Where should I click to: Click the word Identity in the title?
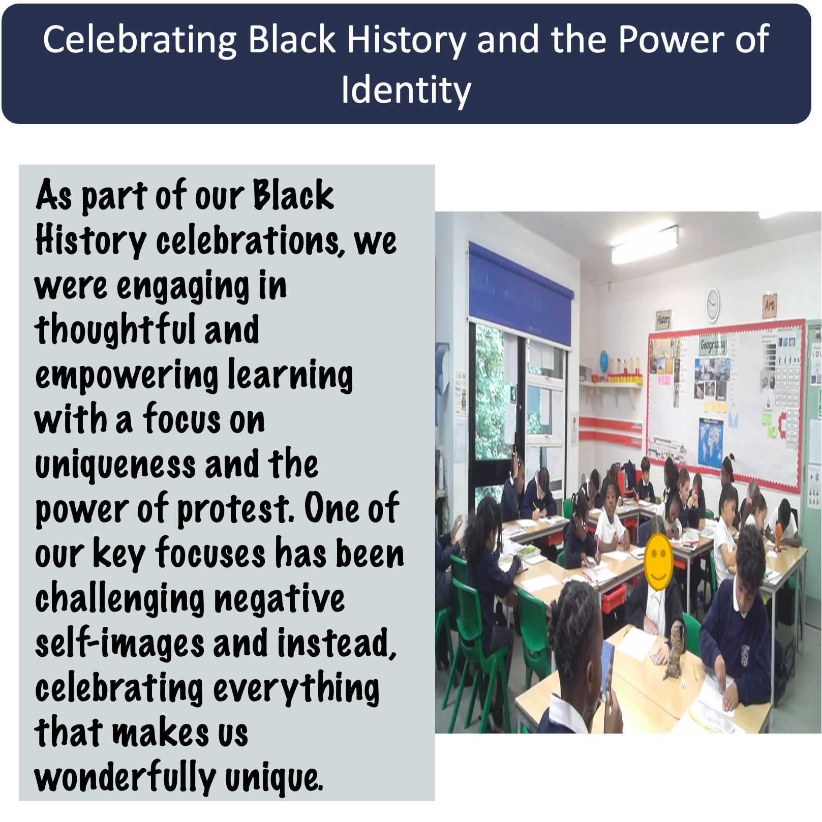tap(406, 90)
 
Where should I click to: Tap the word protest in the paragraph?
tap(235, 509)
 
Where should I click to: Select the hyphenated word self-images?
tap(119, 643)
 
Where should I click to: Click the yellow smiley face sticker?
tap(658, 562)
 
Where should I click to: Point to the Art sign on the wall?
tap(770, 306)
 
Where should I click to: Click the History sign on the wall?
tap(663, 319)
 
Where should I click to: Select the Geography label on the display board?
tap(713, 345)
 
